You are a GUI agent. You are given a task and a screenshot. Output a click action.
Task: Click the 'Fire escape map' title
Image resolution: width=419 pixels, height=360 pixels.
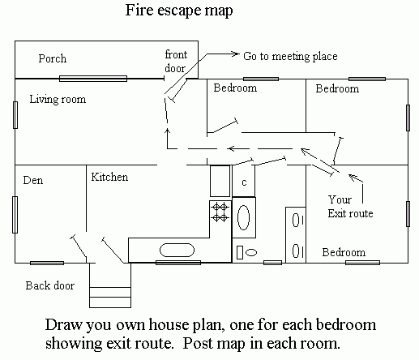pos(179,11)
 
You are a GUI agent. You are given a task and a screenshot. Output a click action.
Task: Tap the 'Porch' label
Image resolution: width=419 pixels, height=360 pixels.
pos(53,58)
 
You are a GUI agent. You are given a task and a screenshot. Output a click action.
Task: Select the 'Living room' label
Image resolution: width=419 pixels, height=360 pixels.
pos(58,99)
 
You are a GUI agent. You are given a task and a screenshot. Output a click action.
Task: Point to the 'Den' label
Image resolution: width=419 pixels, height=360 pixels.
pos(33,180)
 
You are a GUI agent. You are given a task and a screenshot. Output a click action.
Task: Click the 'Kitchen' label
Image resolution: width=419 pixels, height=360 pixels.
pos(109,177)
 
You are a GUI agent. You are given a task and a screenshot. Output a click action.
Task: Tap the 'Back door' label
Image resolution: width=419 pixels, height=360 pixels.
pos(50,285)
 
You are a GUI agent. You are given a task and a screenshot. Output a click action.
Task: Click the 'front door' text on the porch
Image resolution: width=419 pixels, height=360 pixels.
pos(176,62)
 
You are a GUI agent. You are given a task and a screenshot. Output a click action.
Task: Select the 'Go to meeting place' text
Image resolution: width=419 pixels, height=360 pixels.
pos(290,56)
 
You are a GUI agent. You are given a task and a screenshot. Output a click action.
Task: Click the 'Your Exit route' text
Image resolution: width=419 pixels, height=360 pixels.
pos(350,207)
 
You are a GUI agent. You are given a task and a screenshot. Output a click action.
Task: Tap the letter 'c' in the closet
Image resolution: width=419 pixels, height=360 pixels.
pos(244,182)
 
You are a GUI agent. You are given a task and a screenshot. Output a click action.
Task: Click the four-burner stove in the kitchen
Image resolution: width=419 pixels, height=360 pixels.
pos(220,212)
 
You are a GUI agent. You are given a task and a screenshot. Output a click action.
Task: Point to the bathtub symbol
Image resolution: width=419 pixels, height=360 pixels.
pos(177,251)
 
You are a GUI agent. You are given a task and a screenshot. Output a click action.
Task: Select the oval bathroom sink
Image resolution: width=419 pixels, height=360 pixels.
pos(243,217)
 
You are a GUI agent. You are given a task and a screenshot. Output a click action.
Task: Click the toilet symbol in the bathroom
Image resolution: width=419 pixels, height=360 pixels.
pos(246,252)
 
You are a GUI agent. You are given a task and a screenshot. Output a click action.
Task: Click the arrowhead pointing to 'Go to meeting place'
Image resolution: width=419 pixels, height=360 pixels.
pos(235,54)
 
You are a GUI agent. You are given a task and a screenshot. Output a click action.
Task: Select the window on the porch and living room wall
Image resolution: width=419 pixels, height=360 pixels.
pos(93,79)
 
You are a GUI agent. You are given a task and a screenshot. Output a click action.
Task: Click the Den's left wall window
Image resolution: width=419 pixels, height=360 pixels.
pos(15,215)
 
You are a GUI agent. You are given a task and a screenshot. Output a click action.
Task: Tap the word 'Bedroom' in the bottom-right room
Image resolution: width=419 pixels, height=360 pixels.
pos(344,252)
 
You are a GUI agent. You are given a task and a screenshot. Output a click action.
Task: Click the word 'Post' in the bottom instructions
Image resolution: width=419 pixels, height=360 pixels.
pos(200,344)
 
